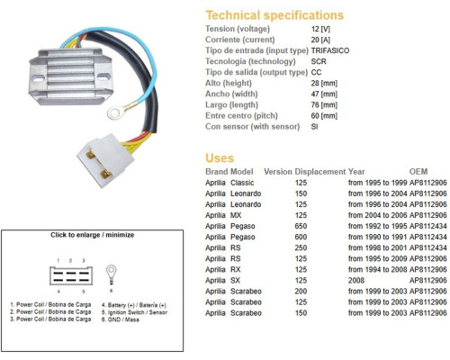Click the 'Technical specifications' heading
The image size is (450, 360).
274,15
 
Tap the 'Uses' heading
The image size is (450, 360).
220,158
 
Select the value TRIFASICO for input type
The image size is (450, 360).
330,50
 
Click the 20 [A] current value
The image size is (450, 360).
320,40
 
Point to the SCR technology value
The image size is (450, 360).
319,61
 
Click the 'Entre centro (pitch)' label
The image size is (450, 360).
241,115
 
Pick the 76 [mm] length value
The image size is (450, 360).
324,104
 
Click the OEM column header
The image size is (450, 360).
418,172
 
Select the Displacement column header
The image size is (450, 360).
320,172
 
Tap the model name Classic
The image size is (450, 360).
242,183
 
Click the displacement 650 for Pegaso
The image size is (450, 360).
301,226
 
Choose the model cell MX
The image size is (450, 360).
236,215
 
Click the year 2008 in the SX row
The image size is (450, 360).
356,280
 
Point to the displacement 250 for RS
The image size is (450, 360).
301,247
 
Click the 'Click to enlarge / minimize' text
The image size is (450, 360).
92,235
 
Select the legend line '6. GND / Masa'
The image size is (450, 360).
120,319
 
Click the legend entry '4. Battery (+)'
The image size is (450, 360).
133,305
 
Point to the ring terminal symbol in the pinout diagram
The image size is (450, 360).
112,274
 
